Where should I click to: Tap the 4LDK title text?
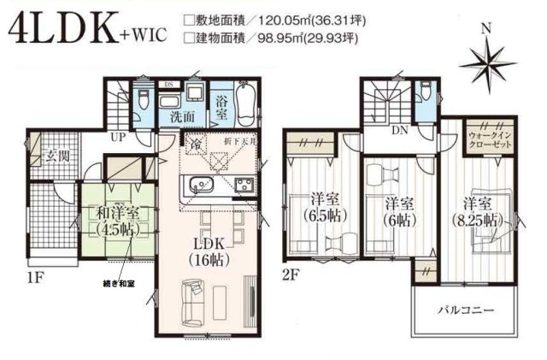[68, 29]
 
